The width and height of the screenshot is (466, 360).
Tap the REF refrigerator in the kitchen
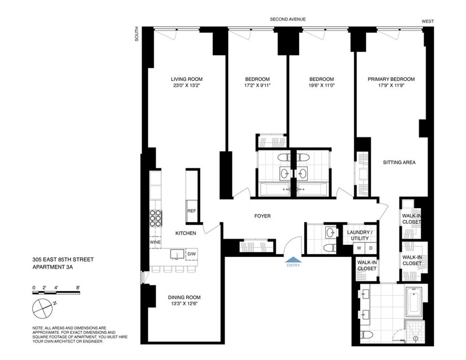click(x=192, y=211)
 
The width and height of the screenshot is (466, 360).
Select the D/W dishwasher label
click(x=192, y=254)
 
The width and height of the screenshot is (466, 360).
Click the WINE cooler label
click(x=155, y=242)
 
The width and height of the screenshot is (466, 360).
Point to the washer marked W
click(x=359, y=248)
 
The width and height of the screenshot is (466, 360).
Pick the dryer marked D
click(x=370, y=248)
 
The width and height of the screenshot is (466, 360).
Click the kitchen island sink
click(x=177, y=254)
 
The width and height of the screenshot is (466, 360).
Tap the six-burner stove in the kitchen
click(x=155, y=218)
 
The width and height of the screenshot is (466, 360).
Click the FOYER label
click(x=263, y=216)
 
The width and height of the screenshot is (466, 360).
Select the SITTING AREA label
click(x=399, y=162)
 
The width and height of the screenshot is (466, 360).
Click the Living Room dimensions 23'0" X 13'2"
click(x=186, y=85)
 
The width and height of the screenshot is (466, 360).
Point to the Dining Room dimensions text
click(x=184, y=304)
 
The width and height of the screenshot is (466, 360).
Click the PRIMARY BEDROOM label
click(x=391, y=79)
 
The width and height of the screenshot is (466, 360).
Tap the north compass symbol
click(x=43, y=309)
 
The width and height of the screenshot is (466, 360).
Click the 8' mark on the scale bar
click(x=78, y=287)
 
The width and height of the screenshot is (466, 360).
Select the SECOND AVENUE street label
click(x=288, y=19)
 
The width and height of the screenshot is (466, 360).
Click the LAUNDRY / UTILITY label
click(x=360, y=235)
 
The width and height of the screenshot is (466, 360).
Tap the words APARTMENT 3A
click(x=52, y=267)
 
